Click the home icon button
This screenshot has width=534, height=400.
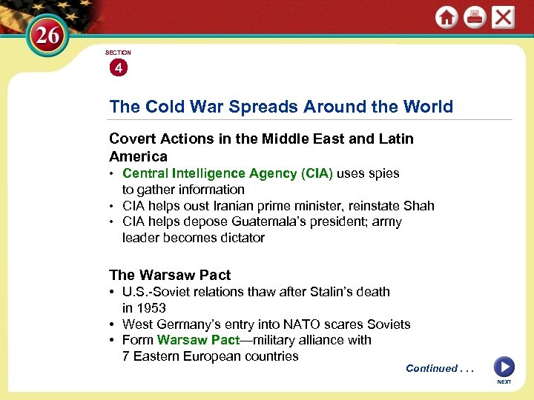pyautogui.click(x=446, y=18)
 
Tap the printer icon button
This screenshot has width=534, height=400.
pyautogui.click(x=475, y=18)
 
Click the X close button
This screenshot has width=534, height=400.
pyautogui.click(x=503, y=18)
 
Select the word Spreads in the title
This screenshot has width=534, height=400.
pyautogui.click(x=260, y=107)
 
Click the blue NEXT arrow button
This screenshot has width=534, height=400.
pyautogui.click(x=504, y=367)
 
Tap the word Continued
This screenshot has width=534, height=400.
pyautogui.click(x=432, y=368)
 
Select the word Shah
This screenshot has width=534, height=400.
pyautogui.click(x=418, y=206)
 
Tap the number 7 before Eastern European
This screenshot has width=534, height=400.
pyautogui.click(x=126, y=356)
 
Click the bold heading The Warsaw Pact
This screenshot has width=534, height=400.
pyautogui.click(x=170, y=275)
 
